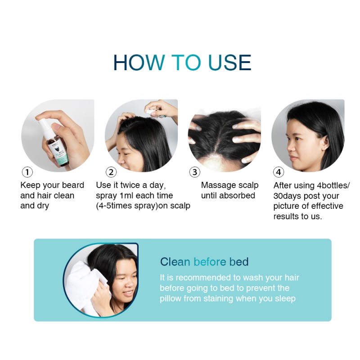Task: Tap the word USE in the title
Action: (229, 63)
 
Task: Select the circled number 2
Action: (111, 172)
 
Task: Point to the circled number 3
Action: (194, 172)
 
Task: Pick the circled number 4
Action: (279, 172)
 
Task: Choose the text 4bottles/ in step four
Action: (330, 185)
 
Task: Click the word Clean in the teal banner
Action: (175, 262)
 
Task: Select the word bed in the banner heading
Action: (238, 262)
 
